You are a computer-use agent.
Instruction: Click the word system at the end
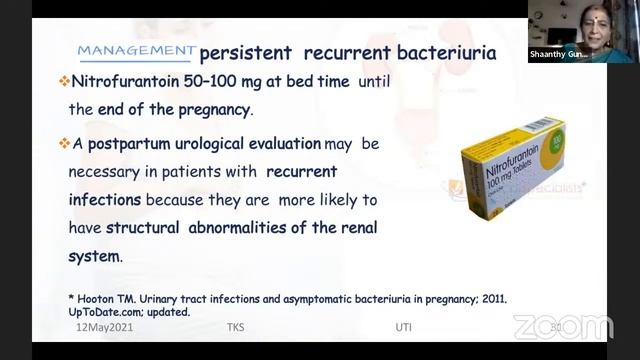pos(94,255)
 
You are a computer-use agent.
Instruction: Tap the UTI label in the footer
pos(403,326)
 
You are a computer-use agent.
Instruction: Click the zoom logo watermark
pos(563,326)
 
